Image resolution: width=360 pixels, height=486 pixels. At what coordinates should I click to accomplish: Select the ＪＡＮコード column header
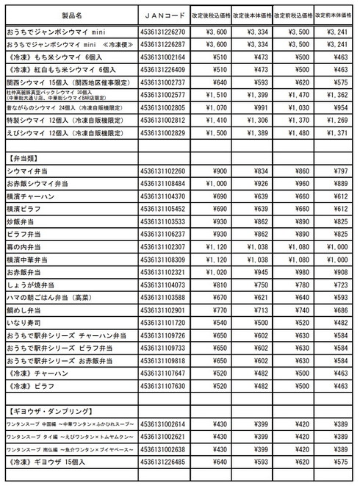163,15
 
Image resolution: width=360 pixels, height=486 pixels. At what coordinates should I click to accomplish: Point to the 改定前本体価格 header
336,15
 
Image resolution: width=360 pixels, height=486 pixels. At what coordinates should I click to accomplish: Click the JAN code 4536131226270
163,32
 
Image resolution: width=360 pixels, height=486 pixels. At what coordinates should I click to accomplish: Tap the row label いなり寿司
25,323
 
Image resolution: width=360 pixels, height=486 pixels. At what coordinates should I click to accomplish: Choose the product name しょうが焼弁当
32,285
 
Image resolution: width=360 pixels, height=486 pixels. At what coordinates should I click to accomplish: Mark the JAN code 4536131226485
163,462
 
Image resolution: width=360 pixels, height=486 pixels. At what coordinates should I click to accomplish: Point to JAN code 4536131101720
163,323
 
